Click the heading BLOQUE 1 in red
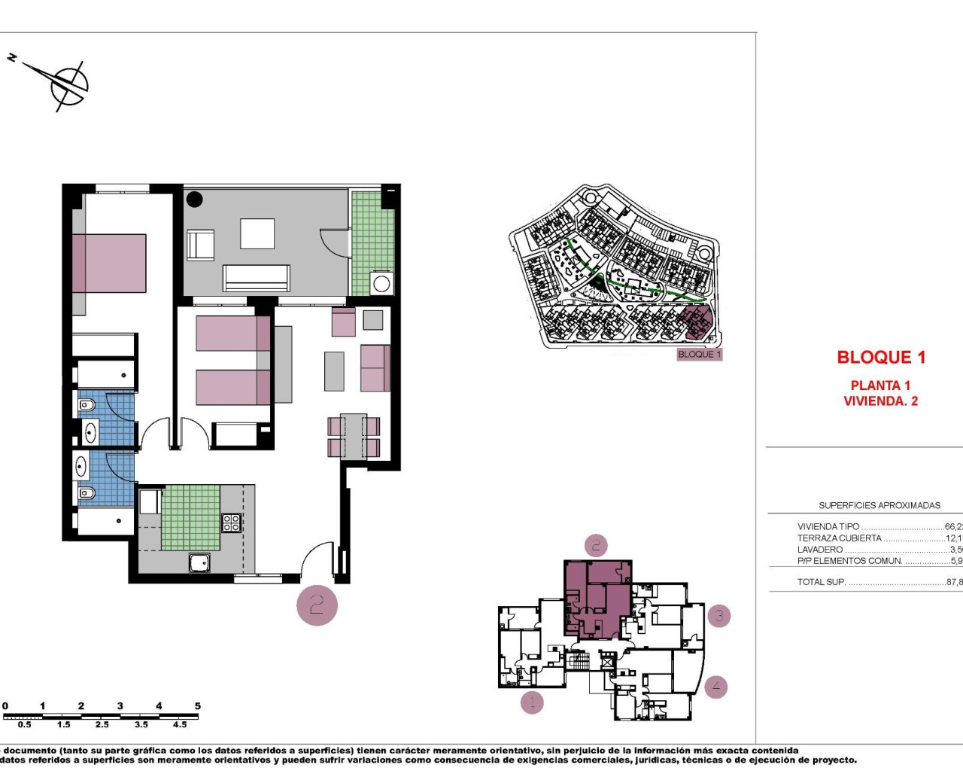[x=881, y=358]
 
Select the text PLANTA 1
[x=880, y=385]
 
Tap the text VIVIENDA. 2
[x=880, y=401]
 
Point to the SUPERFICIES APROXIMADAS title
[x=879, y=505]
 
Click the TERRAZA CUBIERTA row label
[x=839, y=538]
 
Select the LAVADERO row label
[x=820, y=550]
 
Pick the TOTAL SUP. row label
[x=821, y=582]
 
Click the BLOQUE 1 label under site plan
[x=699, y=355]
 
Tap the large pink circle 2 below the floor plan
[x=317, y=605]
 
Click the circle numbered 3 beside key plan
[x=718, y=616]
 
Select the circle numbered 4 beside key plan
[x=715, y=686]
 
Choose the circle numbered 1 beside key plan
[x=532, y=702]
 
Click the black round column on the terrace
[x=195, y=200]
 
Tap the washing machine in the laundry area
[x=381, y=284]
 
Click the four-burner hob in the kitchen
[x=231, y=523]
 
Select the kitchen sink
[x=199, y=562]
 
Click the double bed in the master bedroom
[x=109, y=264]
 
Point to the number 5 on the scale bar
[x=198, y=706]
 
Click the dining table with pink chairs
[x=353, y=437]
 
